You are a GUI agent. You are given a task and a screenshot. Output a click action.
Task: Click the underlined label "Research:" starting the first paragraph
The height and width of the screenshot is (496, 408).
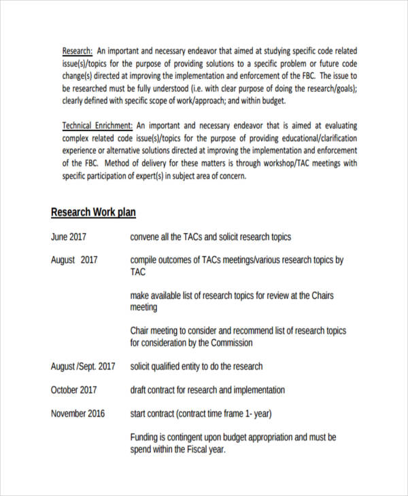(x=78, y=52)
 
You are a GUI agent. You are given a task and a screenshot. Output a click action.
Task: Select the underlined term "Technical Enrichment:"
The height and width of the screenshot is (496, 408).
(x=98, y=126)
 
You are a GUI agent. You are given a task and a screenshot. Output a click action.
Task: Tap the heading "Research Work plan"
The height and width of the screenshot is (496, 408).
(x=93, y=213)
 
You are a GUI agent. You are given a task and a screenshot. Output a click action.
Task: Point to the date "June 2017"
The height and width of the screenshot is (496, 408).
(x=69, y=237)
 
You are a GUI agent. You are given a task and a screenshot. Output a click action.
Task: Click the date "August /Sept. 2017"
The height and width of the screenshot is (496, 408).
(x=83, y=366)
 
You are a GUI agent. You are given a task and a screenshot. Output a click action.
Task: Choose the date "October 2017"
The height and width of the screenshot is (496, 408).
(x=73, y=390)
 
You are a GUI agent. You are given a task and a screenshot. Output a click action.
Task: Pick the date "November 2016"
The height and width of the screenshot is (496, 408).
(x=78, y=413)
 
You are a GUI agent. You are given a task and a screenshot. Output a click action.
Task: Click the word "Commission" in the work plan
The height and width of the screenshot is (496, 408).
(x=230, y=343)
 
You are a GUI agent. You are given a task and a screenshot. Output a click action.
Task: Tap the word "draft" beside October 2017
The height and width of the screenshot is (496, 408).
(x=139, y=390)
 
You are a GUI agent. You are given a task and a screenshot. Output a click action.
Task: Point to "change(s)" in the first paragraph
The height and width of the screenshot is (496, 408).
(x=80, y=76)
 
